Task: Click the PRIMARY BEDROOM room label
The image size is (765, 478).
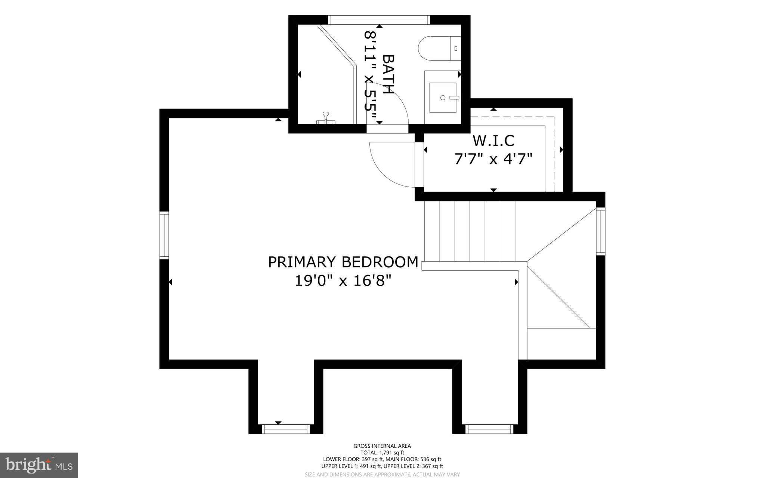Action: pos(343,262)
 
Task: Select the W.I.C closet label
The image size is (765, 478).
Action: pos(493,141)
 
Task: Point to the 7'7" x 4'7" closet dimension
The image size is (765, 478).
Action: pos(493,159)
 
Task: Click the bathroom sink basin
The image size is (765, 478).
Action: pos(443,98)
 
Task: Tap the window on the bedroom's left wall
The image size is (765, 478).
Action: pos(164,235)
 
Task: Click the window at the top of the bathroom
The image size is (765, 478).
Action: pos(379,20)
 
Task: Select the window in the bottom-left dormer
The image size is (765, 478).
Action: pos(286,429)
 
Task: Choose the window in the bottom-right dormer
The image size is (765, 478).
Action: pos(489,429)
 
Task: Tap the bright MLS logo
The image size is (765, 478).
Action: pos(39,465)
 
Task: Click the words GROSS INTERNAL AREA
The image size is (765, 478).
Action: pos(382,446)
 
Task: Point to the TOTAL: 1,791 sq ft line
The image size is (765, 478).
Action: pos(382,453)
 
